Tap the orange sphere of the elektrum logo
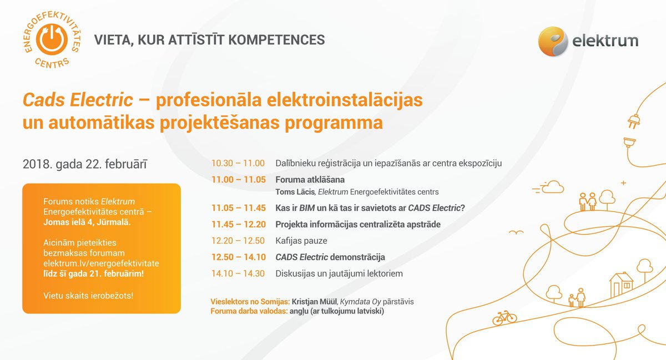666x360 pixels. [x=553, y=41]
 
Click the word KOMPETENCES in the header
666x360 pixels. [x=276, y=40]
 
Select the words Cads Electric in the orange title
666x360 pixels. [x=78, y=100]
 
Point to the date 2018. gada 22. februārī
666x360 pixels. [x=85, y=164]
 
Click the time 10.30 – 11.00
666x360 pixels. [x=238, y=163]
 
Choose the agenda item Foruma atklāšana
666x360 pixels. [x=310, y=180]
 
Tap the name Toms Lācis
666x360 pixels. [x=295, y=192]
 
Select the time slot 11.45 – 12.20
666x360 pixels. [x=239, y=225]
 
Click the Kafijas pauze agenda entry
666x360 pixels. [x=301, y=241]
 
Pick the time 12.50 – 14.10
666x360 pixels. [x=239, y=257]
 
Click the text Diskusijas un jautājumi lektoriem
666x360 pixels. [x=339, y=273]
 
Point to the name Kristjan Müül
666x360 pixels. [x=314, y=302]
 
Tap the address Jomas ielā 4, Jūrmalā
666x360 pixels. [x=87, y=222]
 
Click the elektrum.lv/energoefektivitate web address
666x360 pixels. [x=101, y=263]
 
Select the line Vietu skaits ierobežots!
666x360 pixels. [x=88, y=296]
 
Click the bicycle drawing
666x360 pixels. [x=504, y=317]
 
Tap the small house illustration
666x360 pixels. [x=621, y=285]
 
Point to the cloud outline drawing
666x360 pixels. [x=552, y=187]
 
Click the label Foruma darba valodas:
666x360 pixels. [x=249, y=311]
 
